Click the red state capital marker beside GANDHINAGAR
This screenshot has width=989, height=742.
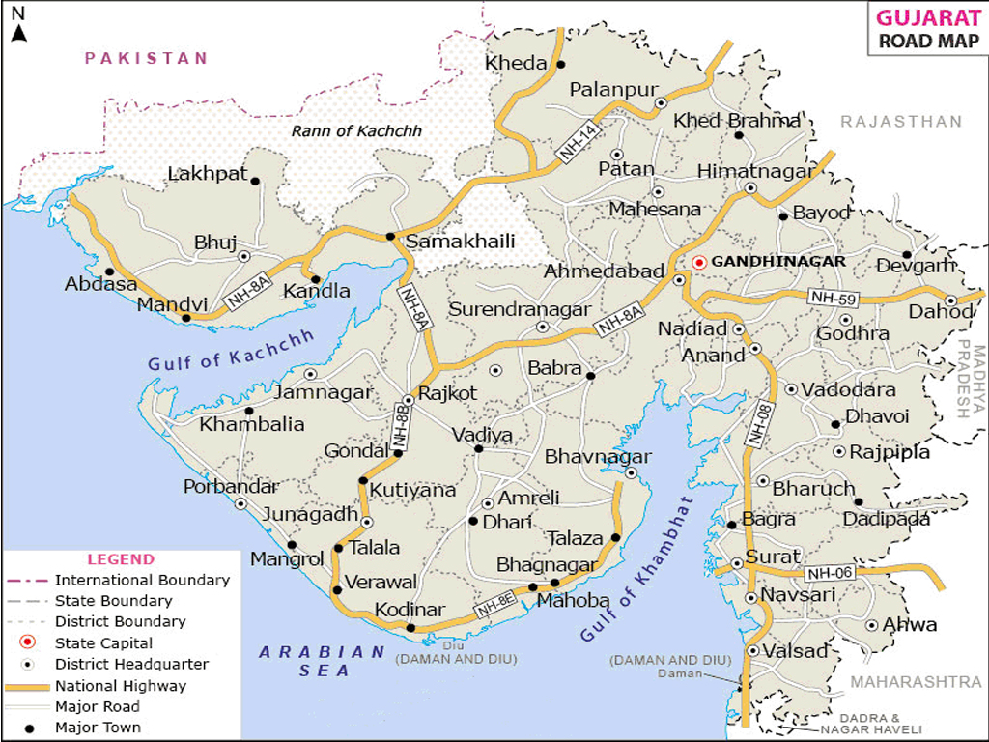(x=699, y=262)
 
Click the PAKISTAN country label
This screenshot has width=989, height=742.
(x=146, y=58)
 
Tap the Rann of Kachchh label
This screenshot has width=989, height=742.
(x=357, y=131)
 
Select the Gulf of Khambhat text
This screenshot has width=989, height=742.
(x=637, y=570)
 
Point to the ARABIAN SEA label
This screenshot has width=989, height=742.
(x=323, y=661)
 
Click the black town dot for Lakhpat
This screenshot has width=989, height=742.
(x=255, y=181)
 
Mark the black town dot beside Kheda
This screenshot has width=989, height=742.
(x=560, y=65)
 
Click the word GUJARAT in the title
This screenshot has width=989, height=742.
(x=924, y=18)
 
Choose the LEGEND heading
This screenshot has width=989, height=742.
(x=121, y=558)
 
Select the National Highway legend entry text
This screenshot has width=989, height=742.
(x=121, y=686)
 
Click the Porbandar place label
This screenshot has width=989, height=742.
(x=231, y=486)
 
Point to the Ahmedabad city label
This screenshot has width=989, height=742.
(x=604, y=271)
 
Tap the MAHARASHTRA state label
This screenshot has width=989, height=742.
(x=916, y=682)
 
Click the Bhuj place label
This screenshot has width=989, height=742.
(x=215, y=243)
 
